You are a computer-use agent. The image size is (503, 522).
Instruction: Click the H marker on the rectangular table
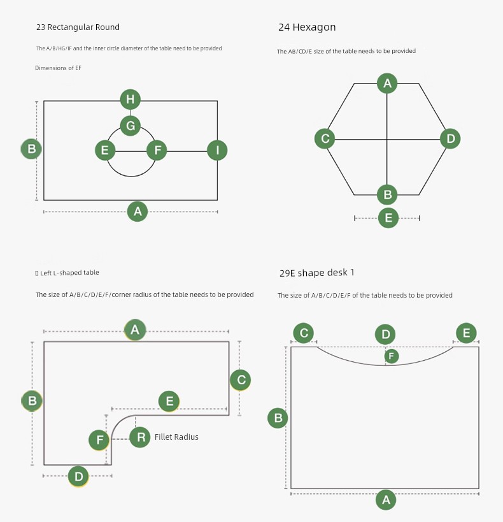(131, 99)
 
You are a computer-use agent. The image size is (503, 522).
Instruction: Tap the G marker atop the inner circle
(131, 126)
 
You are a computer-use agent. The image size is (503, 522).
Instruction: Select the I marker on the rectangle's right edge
(217, 150)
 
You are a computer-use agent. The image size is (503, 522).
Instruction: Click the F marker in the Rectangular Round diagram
(157, 150)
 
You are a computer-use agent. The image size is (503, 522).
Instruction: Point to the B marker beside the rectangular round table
(31, 149)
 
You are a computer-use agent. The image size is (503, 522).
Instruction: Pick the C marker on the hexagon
(325, 138)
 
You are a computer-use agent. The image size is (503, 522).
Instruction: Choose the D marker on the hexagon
(450, 138)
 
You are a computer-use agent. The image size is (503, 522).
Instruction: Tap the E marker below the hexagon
(388, 218)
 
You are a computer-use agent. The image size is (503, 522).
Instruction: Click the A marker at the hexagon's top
(387, 83)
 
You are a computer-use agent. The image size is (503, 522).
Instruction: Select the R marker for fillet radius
(140, 437)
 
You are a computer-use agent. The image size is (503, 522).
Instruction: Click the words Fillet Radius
(176, 437)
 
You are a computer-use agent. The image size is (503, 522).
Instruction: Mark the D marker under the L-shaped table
(78, 476)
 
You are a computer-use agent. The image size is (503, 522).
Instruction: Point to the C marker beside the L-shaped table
(241, 380)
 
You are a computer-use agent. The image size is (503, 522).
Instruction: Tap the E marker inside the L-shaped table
(169, 401)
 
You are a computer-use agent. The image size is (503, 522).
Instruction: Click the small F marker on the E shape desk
(392, 356)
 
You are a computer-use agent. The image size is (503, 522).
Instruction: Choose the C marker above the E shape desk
(304, 333)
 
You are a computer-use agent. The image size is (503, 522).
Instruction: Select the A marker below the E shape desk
(386, 500)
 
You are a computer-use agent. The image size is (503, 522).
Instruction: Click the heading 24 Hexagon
(307, 27)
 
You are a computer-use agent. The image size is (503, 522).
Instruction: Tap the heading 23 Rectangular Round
(78, 27)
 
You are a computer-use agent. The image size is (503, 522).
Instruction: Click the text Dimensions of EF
(58, 68)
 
